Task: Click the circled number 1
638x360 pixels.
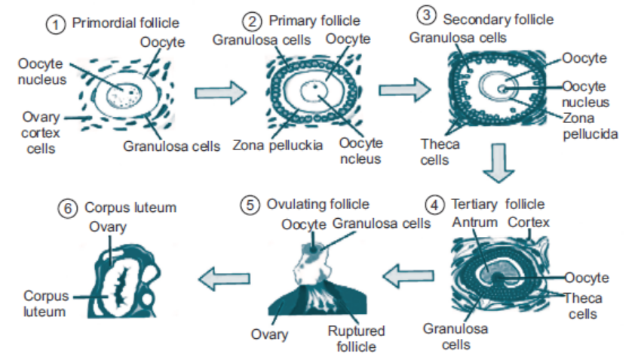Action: coord(56,24)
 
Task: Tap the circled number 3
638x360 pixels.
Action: coord(426,16)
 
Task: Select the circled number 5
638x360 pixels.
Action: coord(250,205)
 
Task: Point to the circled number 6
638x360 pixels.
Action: coord(67,208)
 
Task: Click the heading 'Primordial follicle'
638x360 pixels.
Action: coord(125,23)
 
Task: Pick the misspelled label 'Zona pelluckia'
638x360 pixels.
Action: coord(278,145)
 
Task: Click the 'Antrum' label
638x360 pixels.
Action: coord(475,223)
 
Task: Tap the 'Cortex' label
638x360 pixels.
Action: coord(529,223)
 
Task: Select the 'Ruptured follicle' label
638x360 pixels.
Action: coord(356,338)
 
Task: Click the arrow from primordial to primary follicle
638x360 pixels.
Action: coord(220,93)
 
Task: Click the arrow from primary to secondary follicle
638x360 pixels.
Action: coord(405,90)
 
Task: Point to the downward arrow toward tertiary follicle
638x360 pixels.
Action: coord(498,163)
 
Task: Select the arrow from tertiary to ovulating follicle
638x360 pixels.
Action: coord(409,275)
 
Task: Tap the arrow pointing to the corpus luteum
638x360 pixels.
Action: coord(224,278)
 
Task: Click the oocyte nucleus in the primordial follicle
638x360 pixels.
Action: coord(124,96)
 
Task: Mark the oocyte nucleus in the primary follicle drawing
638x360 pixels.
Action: coord(314,91)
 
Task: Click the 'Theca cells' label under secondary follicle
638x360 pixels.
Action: coord(440,152)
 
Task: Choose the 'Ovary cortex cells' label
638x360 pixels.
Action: coord(41,133)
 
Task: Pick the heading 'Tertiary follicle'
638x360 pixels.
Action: coord(498,204)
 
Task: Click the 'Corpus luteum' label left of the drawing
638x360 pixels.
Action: coord(45,304)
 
